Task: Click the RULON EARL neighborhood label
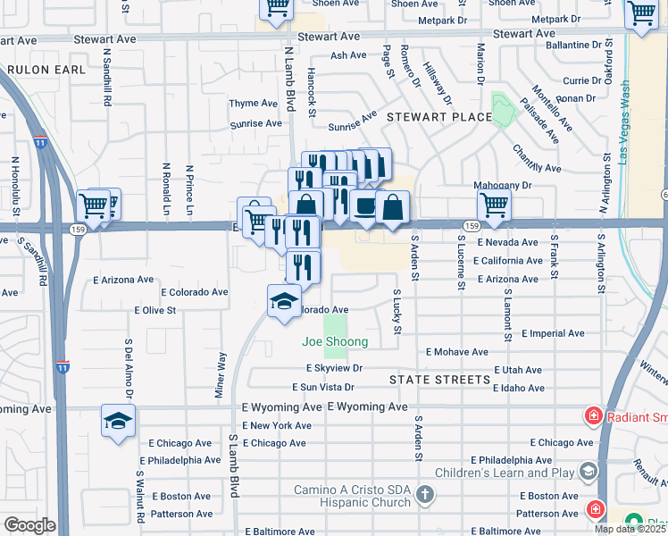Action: pos(46,69)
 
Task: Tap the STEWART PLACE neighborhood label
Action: pos(438,117)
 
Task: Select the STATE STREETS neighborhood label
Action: pos(439,379)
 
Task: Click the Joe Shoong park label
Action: pos(334,342)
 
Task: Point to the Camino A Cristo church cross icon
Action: pos(426,494)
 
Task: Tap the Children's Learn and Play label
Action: pos(505,472)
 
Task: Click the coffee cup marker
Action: pos(364,205)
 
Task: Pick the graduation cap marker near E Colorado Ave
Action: pos(284,300)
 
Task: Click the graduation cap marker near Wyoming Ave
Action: pos(118,421)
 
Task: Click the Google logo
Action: pos(29,524)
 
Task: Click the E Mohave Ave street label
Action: pos(457,352)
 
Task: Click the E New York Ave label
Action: pos(276,425)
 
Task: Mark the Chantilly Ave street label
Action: pos(537,161)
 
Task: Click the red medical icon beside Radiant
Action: pos(592,415)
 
